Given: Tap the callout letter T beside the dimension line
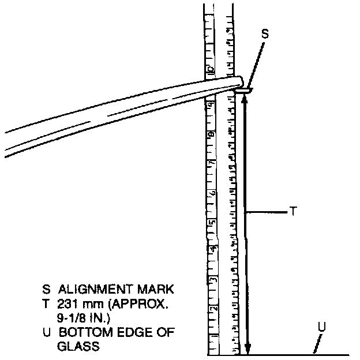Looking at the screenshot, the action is click(293, 212).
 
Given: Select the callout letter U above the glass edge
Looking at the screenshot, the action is click(322, 327).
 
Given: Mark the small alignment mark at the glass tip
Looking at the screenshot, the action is click(243, 89).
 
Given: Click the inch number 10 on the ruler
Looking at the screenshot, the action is click(211, 69).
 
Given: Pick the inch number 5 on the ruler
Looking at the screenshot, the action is click(212, 222).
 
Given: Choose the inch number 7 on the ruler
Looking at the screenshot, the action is click(212, 163).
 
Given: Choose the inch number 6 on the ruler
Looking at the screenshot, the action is click(212, 193).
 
